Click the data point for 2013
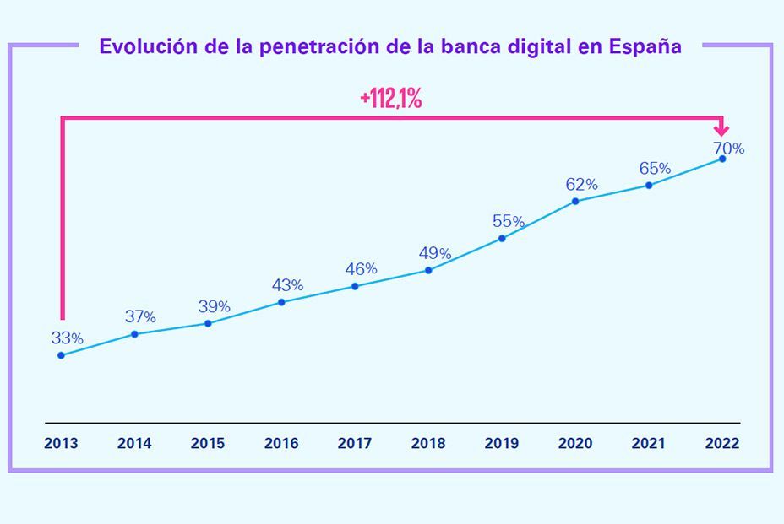61,355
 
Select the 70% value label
727,149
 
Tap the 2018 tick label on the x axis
428,443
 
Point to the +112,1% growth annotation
390,99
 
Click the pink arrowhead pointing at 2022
721,130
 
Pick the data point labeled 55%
502,238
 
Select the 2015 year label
208,443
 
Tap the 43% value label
287,285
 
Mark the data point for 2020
575,201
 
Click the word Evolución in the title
148,46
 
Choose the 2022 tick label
721,443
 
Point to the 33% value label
67,338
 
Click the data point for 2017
355,286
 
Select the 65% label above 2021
654,168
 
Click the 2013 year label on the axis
61,443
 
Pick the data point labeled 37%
134,334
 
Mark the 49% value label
434,253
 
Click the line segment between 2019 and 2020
539,219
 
